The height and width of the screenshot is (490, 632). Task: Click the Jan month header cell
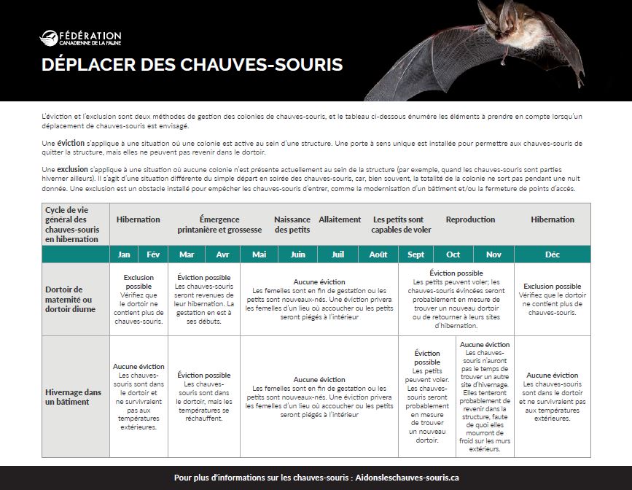(x=124, y=254)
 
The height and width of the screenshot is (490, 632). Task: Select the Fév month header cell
(x=153, y=254)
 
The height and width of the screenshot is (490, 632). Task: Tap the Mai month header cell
(x=259, y=254)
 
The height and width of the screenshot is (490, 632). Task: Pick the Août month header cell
(x=378, y=254)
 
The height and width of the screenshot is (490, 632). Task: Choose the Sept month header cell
(x=416, y=254)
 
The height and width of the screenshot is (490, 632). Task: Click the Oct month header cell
(x=453, y=254)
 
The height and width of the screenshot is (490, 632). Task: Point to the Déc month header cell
(x=552, y=254)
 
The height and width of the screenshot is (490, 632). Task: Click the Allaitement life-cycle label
(x=340, y=219)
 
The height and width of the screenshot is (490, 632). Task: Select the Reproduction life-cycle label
(x=470, y=219)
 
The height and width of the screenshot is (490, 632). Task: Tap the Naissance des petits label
(x=292, y=225)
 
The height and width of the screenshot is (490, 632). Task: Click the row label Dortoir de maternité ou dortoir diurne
(x=70, y=299)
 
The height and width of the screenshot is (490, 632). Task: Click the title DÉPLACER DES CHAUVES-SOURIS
(x=192, y=65)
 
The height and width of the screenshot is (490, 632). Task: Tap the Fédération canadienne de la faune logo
(x=80, y=37)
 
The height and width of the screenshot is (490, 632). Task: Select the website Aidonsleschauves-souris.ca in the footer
(x=405, y=478)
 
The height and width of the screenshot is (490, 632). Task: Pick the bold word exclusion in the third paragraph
(x=72, y=168)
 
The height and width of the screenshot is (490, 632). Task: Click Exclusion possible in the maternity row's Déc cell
(x=552, y=287)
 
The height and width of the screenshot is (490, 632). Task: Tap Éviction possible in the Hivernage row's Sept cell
(x=427, y=357)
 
